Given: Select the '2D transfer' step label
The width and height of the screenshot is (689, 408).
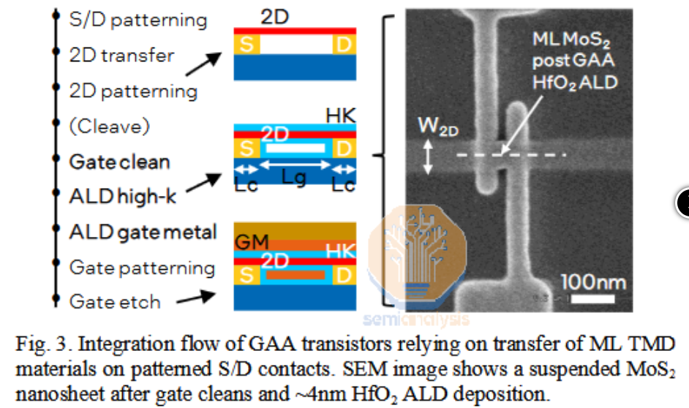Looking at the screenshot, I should pos(121,55).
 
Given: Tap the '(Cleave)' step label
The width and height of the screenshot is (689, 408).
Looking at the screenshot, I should pos(110,126).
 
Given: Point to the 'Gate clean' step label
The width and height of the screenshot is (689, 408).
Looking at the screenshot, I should pos(119,162).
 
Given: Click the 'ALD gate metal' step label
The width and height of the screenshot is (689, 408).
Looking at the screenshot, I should pos(143,232).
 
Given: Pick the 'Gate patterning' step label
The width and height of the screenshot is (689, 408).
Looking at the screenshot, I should pos(142,268).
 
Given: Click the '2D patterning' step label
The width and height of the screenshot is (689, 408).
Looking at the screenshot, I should pos(133,91).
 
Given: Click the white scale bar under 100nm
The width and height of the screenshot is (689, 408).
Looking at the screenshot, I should pos(592,299).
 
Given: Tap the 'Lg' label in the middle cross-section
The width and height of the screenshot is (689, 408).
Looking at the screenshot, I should pos(295,178).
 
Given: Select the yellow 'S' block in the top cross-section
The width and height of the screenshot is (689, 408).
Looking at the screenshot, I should pos(246,45).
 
